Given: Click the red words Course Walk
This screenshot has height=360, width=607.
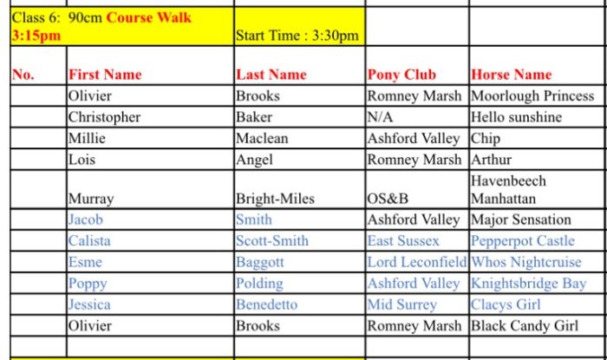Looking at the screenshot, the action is click(148, 18).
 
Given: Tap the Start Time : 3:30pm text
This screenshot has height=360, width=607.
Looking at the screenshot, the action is click(297, 36).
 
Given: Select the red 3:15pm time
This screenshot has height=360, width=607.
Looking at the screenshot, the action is click(36, 36).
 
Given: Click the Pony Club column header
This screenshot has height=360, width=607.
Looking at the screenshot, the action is click(401, 75).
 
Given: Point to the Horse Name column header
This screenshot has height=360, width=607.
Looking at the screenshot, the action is click(512, 75).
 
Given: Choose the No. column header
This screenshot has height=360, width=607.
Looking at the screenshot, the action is click(23, 75).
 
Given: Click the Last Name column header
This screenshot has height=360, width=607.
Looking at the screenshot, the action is click(271, 75).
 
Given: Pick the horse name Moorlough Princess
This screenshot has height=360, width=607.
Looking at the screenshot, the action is click(532, 96).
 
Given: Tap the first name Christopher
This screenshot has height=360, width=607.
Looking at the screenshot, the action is click(105, 117).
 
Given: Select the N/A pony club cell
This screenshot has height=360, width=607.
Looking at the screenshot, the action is click(380, 117).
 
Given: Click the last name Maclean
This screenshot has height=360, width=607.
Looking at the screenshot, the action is click(262, 139).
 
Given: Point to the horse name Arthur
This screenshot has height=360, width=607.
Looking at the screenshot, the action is click(492, 160).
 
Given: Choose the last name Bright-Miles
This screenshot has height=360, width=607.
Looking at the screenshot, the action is click(275, 199).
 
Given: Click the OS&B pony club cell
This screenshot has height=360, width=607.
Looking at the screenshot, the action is click(388, 199).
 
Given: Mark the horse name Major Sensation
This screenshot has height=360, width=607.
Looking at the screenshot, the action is click(521, 219).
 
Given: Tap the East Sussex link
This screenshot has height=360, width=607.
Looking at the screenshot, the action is click(403, 241).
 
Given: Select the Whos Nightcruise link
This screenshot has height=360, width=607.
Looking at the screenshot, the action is click(526, 263).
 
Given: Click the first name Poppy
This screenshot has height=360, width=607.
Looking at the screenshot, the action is click(88, 284).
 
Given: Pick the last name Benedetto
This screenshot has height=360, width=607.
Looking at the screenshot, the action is click(267, 304).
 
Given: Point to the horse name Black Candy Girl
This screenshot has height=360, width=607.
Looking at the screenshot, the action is click(525, 326).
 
